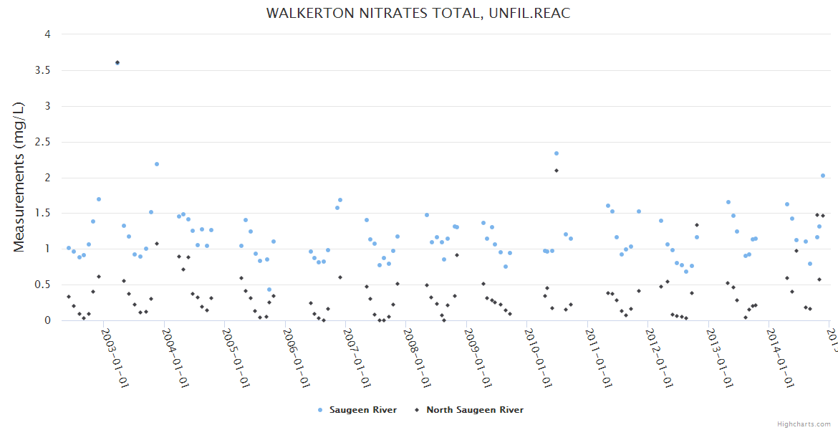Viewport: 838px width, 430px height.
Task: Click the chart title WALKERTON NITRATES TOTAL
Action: (x=418, y=14)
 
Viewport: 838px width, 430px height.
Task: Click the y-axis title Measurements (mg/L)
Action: (x=19, y=177)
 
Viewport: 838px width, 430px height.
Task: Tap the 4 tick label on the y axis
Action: (x=47, y=34)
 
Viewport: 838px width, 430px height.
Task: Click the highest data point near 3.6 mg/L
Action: (x=117, y=63)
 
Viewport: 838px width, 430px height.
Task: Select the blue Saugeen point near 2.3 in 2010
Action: (x=556, y=153)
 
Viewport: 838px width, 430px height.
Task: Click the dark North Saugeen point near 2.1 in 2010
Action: (x=556, y=171)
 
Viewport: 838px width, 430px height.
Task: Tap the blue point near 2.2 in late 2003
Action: (x=157, y=164)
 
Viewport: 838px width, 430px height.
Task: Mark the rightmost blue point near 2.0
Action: (x=823, y=176)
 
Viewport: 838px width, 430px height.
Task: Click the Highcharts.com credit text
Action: (x=804, y=424)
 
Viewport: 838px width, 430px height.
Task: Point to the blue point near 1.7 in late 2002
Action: (x=99, y=199)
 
